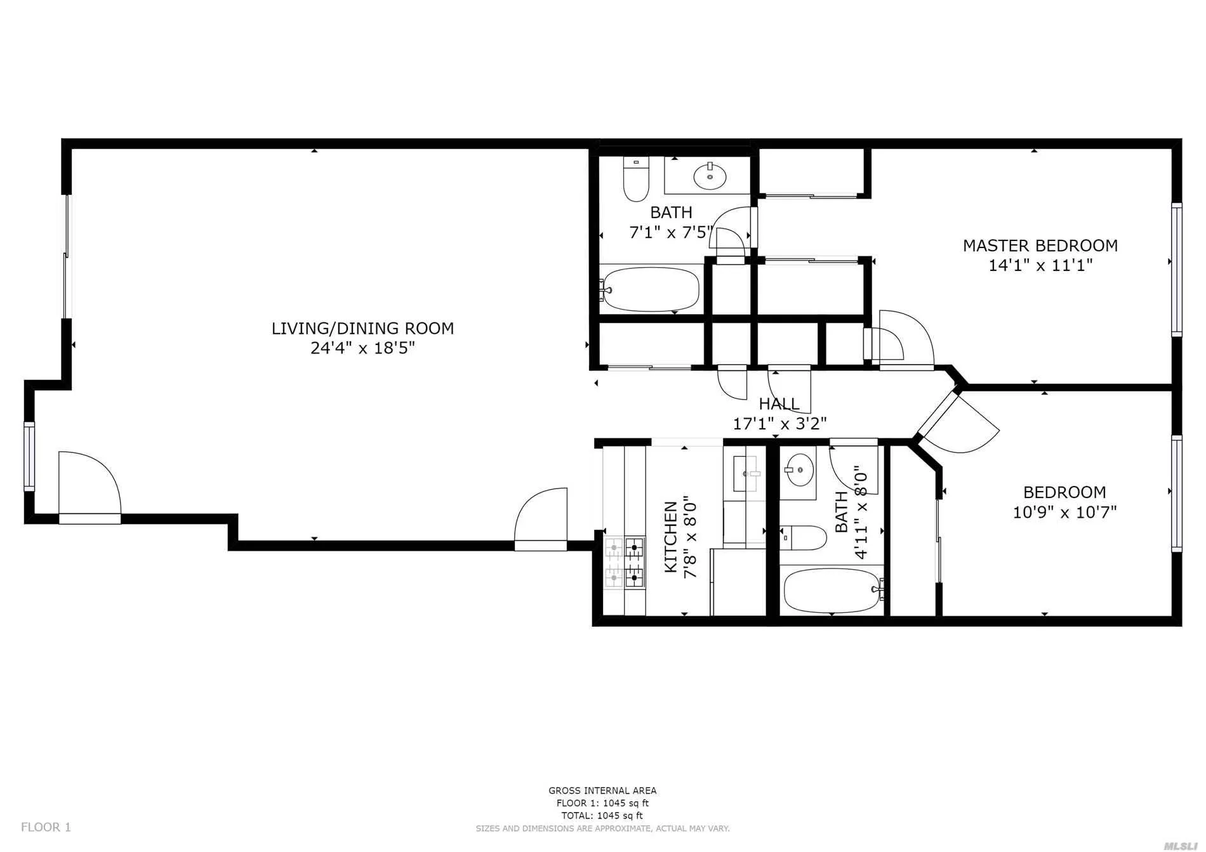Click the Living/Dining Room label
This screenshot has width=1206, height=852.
tap(362, 328)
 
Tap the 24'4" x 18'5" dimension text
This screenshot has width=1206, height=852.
tap(362, 348)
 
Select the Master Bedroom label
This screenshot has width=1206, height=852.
tap(1040, 246)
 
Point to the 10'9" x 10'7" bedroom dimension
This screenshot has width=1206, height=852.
tap(1064, 512)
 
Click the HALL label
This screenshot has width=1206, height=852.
tap(779, 403)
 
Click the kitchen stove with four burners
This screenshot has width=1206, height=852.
tap(625, 562)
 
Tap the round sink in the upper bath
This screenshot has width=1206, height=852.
tap(710, 176)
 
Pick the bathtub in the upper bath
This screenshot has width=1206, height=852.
tap(651, 289)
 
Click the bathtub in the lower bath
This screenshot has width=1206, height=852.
tap(832, 591)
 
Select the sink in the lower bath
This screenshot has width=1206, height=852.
tap(798, 470)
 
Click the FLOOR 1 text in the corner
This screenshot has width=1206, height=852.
tap(46, 827)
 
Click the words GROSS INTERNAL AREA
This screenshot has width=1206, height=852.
tap(602, 790)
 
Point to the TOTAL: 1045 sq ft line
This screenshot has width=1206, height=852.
tap(602, 816)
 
